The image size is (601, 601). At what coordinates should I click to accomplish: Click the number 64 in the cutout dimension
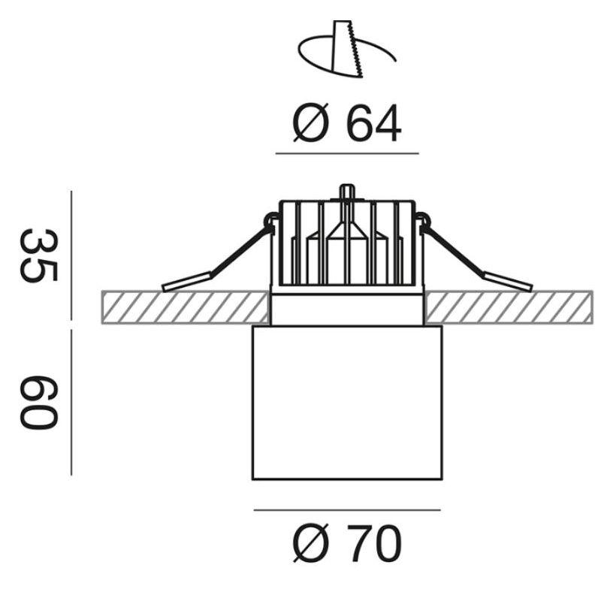pos(373,123)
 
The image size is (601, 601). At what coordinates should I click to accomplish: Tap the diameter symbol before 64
pos(311,123)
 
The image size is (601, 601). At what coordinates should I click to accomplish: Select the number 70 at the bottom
pos(373,543)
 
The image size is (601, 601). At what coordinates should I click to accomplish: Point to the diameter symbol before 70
pos(311,543)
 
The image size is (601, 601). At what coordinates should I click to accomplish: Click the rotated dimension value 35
pos(38,255)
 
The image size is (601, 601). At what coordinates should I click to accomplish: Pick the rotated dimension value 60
pos(38,403)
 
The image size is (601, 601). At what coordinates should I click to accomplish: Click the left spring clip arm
pos(216,261)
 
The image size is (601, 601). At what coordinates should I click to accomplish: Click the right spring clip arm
pos(476,261)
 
